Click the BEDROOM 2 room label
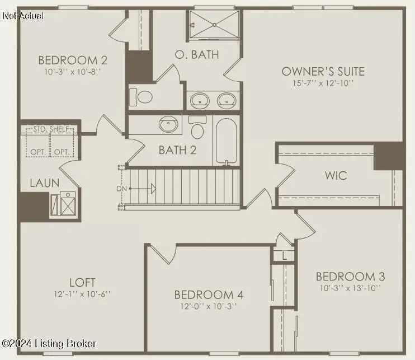point(73,60)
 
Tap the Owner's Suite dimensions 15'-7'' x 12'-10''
point(323,83)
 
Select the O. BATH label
point(197,55)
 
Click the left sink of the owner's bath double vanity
point(200,100)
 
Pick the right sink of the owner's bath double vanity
point(227,100)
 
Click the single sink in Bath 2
point(168,124)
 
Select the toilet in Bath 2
point(197,129)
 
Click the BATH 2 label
point(177,150)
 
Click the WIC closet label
point(336,175)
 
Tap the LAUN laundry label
point(44,183)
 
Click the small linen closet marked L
point(285,255)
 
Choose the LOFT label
point(82,282)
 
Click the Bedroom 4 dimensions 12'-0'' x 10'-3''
point(208,306)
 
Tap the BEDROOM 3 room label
point(350,277)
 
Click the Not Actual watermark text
point(23,16)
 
